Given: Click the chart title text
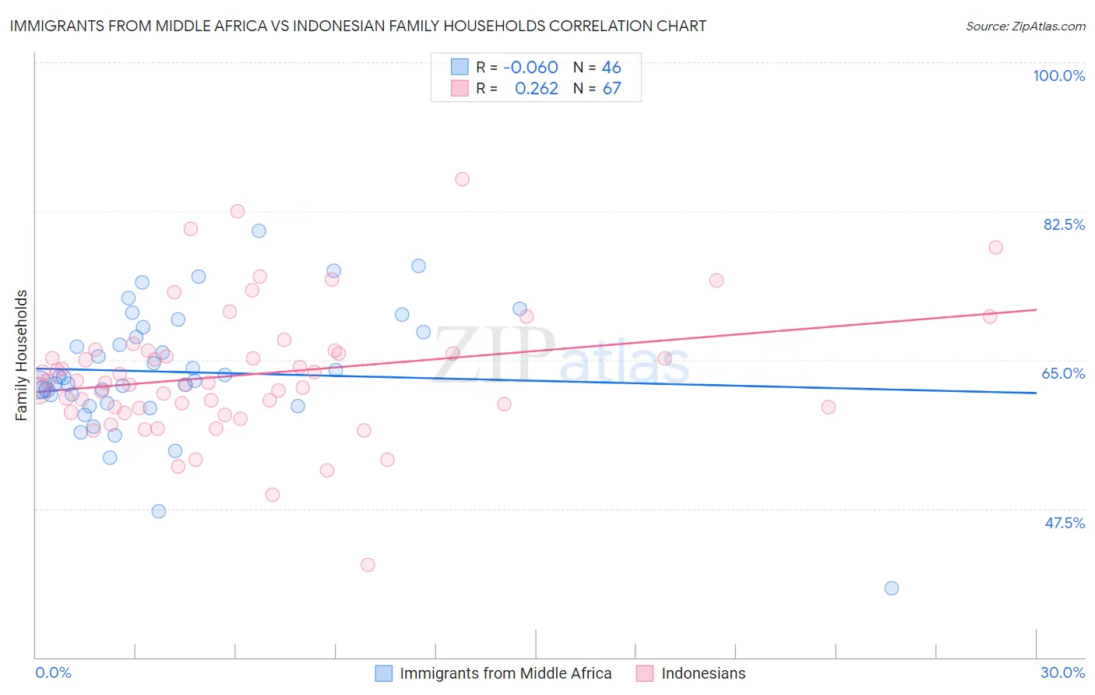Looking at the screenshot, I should tap(357, 26).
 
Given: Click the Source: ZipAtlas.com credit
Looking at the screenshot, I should tap(1025, 26).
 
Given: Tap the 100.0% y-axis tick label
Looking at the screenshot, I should tap(1058, 76).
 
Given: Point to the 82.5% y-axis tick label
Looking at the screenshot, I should tap(1064, 224).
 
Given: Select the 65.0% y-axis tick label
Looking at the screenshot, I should tap(1063, 373).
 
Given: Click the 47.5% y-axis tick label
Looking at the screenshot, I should tap(1064, 523).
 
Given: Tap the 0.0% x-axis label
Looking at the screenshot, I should tap(53, 672).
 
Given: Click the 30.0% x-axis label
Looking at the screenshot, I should tap(1062, 672).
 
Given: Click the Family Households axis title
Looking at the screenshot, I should tap(22, 355).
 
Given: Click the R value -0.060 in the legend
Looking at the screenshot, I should tap(530, 67).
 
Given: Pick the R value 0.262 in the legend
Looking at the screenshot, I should tap(536, 89).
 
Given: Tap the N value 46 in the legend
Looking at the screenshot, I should tap(611, 67).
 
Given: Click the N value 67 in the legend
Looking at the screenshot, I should tap(611, 89).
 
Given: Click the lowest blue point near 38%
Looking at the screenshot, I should tap(892, 588).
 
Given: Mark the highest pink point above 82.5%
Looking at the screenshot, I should tap(463, 179).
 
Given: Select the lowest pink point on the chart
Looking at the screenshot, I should tap(368, 565).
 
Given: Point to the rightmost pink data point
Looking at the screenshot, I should tap(995, 248).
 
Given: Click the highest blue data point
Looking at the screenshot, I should tap(259, 231).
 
